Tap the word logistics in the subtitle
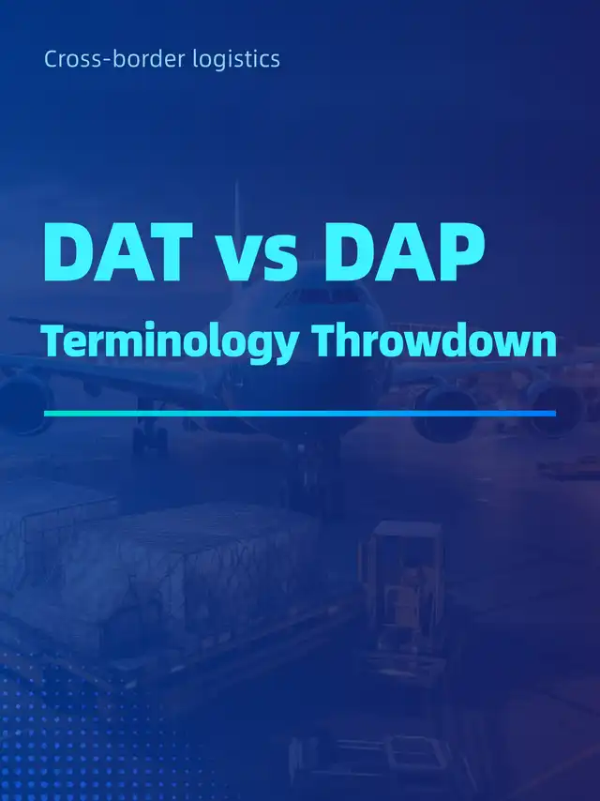[236, 60]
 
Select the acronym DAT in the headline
[118, 251]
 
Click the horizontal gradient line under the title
[300, 414]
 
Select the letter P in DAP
[458, 251]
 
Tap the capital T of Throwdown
[326, 340]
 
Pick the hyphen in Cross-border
[106, 61]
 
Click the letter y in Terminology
[286, 347]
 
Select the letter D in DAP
[349, 251]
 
